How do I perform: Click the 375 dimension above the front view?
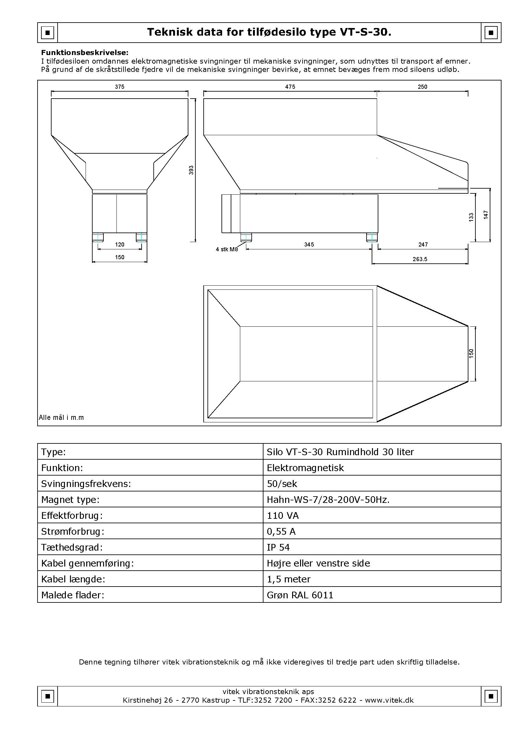coord(120,87)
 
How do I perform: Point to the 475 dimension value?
coord(290,87)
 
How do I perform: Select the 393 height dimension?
coord(191,170)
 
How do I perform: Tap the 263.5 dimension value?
coord(420,259)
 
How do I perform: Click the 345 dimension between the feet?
coord(309,244)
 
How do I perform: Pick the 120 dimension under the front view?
coord(120,244)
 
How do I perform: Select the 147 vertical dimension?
coord(486,214)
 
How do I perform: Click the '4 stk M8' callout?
coord(227,249)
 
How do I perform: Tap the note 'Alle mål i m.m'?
coord(61,418)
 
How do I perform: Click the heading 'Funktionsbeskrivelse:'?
coord(85,52)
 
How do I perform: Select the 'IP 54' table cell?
coord(278,547)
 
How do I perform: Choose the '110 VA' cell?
coord(283,516)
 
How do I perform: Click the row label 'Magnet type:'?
coord(70,500)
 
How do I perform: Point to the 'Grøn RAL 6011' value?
coord(300,595)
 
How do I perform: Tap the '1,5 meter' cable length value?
coord(288,579)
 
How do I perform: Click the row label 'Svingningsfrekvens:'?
coord(86,484)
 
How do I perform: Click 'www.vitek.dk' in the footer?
coord(389,700)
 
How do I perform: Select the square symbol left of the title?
coord(48,32)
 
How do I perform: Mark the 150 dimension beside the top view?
coord(471,353)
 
